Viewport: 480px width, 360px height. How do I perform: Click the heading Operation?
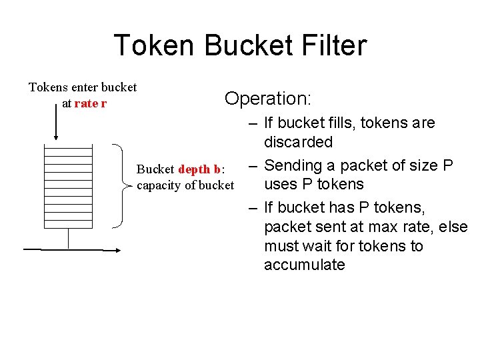267,99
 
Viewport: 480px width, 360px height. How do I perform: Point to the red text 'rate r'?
91,103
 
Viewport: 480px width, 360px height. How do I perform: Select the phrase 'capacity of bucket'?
185,185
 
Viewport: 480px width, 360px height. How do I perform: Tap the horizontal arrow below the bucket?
72,250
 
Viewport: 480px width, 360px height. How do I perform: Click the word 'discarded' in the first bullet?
298,142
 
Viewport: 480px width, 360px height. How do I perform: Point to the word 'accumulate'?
304,265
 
